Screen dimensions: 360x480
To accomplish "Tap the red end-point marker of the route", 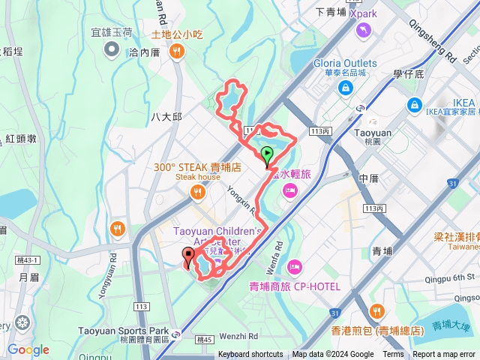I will pyautogui.click(x=187, y=257).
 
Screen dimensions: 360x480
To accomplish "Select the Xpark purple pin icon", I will pyautogui.click(x=364, y=29).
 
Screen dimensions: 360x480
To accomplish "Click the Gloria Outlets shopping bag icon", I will pyautogui.click(x=346, y=88).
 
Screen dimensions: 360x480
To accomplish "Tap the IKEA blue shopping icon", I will pyautogui.click(x=414, y=104).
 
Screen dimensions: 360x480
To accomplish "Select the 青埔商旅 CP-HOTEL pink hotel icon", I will pyautogui.click(x=295, y=266).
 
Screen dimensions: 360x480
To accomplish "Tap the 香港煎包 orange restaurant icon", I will pyautogui.click(x=376, y=311).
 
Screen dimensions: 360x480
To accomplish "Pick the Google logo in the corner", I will pyautogui.click(x=28, y=349).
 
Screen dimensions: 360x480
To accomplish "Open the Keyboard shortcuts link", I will pyautogui.click(x=250, y=355).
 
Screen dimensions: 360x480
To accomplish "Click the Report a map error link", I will pyautogui.click(x=445, y=355).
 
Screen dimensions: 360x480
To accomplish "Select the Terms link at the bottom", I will pyautogui.click(x=393, y=355).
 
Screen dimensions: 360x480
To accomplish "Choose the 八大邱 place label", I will pyautogui.click(x=166, y=117).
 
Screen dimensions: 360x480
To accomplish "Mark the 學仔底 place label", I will pyautogui.click(x=409, y=73).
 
